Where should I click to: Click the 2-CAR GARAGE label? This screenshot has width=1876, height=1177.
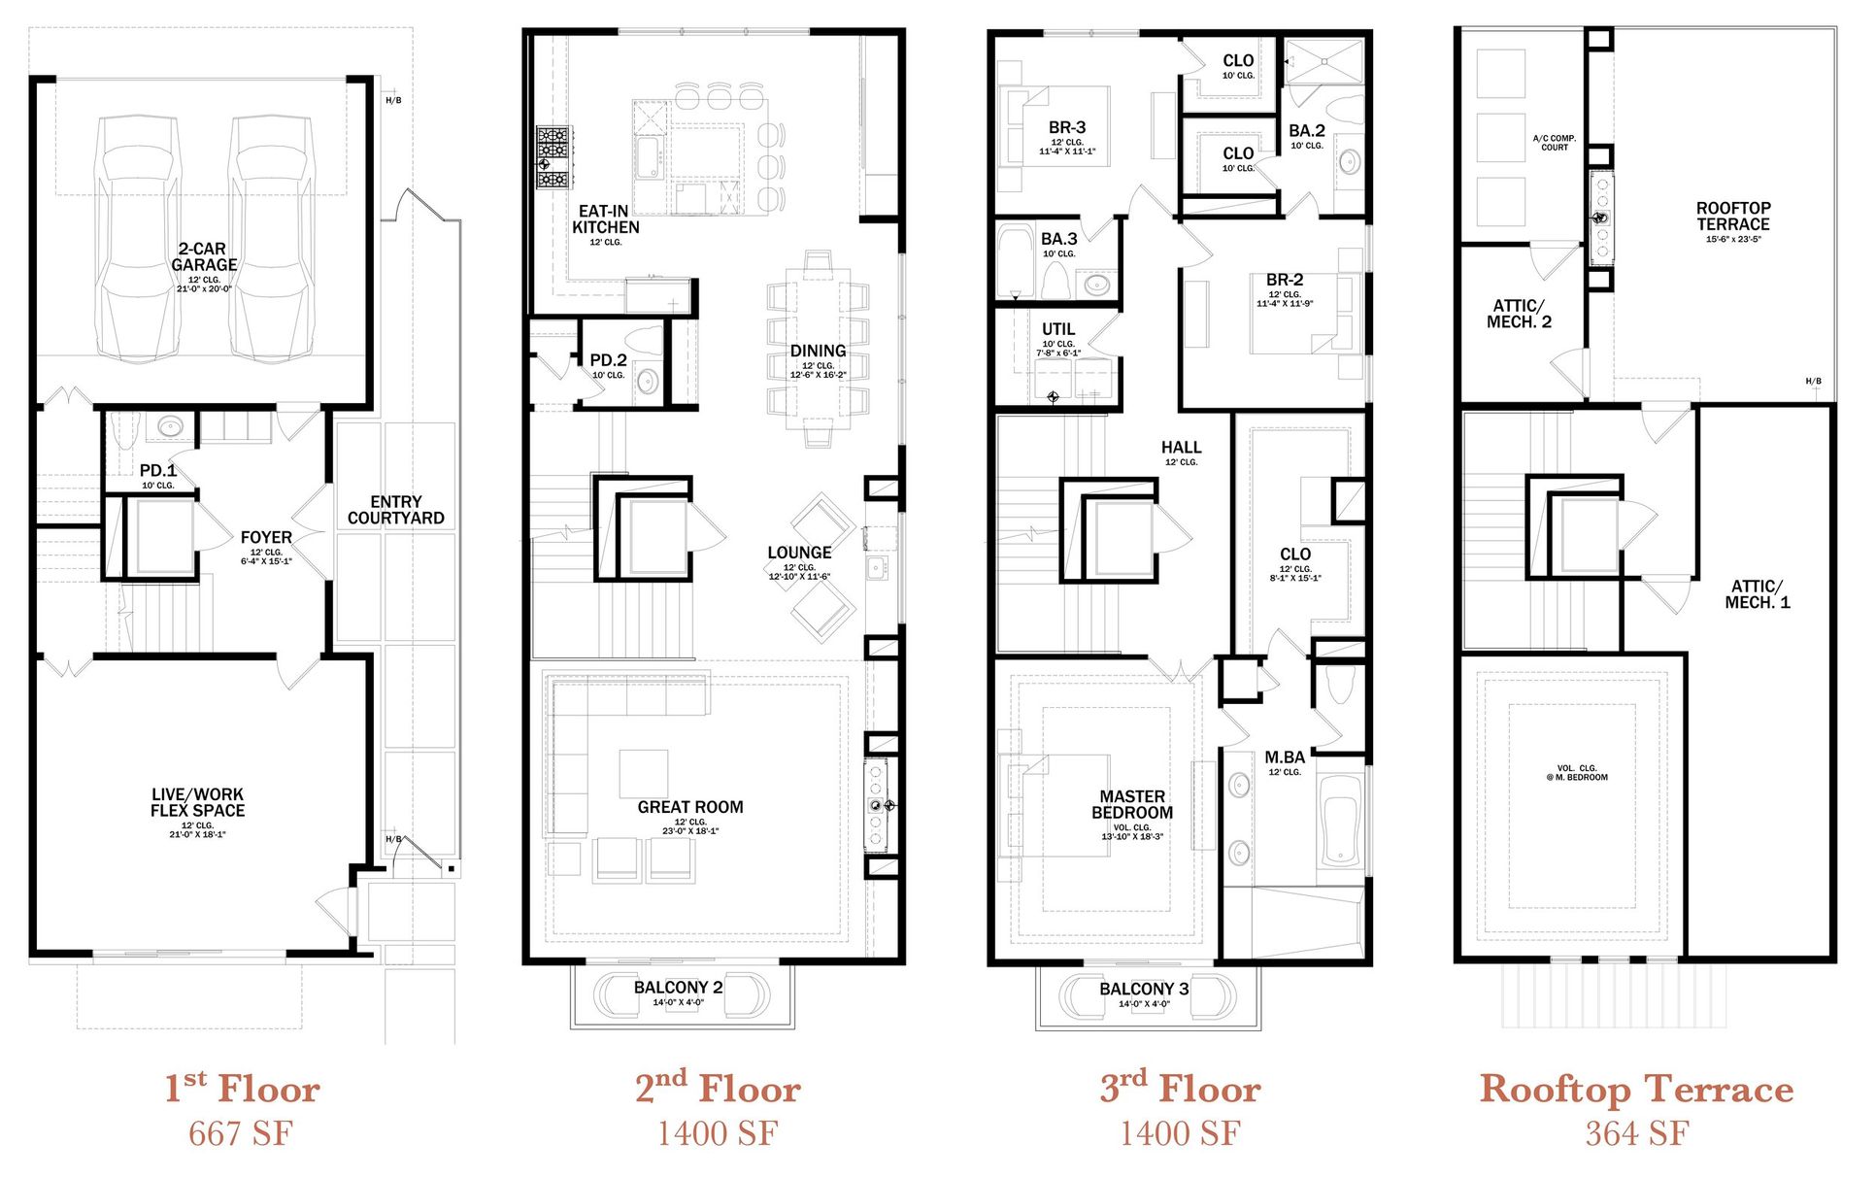pyautogui.click(x=204, y=257)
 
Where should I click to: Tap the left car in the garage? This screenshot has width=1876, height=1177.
pyautogui.click(x=139, y=239)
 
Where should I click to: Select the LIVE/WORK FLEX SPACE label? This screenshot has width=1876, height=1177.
pyautogui.click(x=197, y=802)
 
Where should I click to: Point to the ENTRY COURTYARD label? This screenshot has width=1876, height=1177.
pyautogui.click(x=396, y=510)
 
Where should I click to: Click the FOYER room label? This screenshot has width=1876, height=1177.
pyautogui.click(x=266, y=537)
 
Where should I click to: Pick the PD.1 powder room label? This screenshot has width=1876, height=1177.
pyautogui.click(x=158, y=471)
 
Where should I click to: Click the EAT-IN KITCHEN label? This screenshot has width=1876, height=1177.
pyautogui.click(x=605, y=219)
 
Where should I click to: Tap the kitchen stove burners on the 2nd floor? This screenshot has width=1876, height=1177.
pyautogui.click(x=554, y=157)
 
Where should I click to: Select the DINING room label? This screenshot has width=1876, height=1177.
pyautogui.click(x=818, y=351)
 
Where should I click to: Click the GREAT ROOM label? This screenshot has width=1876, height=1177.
pyautogui.click(x=690, y=807)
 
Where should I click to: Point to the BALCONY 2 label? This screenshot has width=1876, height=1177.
pyautogui.click(x=678, y=988)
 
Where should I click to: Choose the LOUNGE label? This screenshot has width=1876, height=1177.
pyautogui.click(x=799, y=553)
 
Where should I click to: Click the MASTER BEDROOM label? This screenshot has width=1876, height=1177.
pyautogui.click(x=1132, y=804)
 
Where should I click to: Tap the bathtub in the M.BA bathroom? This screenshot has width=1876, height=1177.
pyautogui.click(x=1341, y=821)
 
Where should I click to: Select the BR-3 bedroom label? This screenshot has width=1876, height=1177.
pyautogui.click(x=1067, y=127)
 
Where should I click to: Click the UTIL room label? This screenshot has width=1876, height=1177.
pyautogui.click(x=1058, y=329)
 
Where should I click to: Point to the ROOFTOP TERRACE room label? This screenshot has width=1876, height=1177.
pyautogui.click(x=1733, y=216)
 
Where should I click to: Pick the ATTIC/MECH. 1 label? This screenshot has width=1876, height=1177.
pyautogui.click(x=1758, y=594)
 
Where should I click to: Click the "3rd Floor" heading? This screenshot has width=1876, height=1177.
pyautogui.click(x=1181, y=1088)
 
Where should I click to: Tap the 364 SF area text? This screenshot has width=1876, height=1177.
pyautogui.click(x=1637, y=1133)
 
